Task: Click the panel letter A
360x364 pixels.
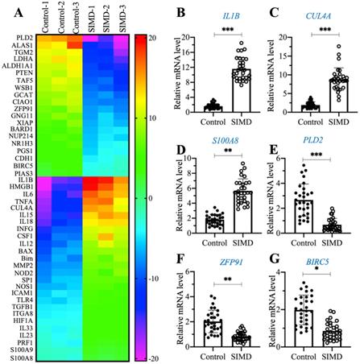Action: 7,10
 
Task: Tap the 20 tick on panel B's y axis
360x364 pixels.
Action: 191,38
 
